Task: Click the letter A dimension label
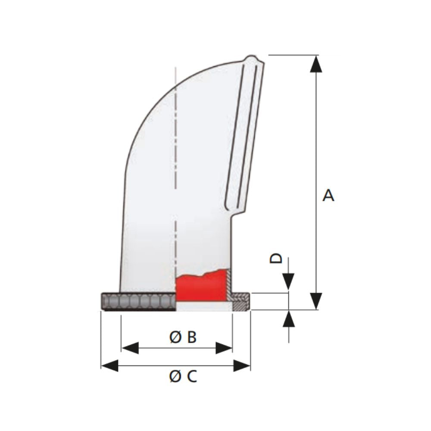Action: point(328,195)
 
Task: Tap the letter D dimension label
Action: point(276,258)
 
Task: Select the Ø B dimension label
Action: point(183,337)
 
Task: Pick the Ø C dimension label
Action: point(183,377)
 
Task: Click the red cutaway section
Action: point(201,287)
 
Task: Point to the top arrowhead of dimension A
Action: point(316,63)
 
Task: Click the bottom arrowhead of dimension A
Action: point(316,301)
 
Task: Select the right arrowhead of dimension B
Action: point(224,348)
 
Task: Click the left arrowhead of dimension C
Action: point(109,366)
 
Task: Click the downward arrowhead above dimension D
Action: point(288,282)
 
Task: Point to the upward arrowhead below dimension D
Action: point(288,319)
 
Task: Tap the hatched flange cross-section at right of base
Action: point(240,301)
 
